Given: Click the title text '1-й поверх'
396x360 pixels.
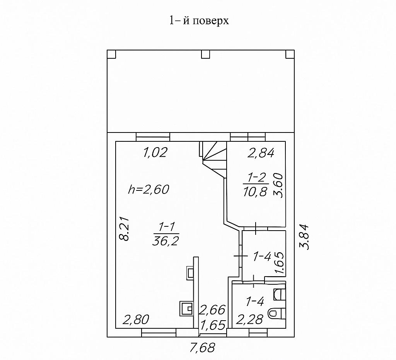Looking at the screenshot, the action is pos(199,20).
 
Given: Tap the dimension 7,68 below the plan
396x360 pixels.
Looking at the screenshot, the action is pos(202,348).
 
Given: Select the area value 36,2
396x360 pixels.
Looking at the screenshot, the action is pos(166,241).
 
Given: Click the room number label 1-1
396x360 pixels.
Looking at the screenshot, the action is pos(166,227).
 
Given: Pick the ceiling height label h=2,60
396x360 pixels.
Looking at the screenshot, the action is pos(148,189).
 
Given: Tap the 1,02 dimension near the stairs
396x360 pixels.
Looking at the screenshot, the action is pos(155,153).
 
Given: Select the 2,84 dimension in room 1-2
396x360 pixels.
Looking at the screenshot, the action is pos(261,153).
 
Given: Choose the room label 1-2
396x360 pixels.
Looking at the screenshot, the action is pos(257,178).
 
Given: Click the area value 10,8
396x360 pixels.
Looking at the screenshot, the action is pos(255,192).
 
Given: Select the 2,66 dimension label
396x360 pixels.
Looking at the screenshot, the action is pos(212,310).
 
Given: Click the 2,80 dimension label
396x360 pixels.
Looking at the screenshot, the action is pos(136,320).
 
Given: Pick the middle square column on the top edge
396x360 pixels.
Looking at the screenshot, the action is pos(205,54).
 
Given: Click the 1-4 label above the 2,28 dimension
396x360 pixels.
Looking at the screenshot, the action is pos(255,301).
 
